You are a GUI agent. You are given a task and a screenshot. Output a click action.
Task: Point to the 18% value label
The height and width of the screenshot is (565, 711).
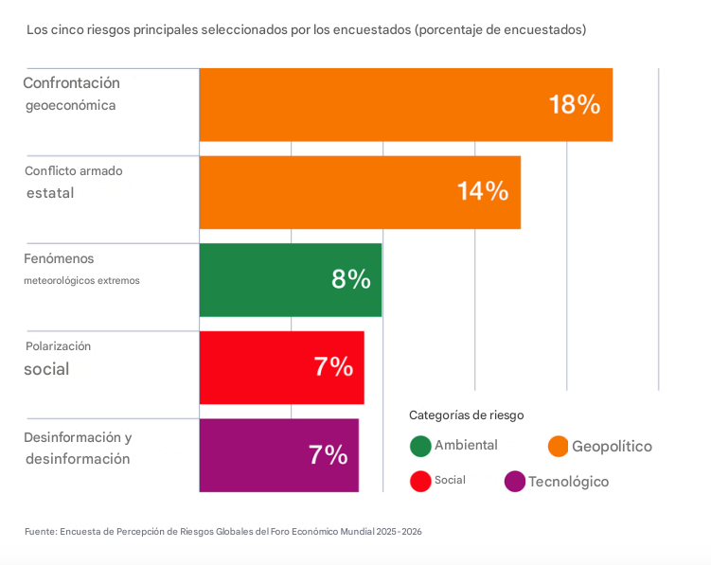(574, 105)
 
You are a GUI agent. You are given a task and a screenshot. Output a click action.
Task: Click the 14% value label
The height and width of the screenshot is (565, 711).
(483, 192)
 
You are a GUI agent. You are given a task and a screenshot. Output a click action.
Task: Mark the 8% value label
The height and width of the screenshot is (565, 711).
(350, 280)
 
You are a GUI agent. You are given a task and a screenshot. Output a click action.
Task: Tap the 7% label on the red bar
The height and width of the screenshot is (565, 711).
(332, 367)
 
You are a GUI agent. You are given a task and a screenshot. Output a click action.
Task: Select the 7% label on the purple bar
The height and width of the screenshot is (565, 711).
(328, 455)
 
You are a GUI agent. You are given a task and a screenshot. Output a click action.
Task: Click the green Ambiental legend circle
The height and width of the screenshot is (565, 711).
(421, 446)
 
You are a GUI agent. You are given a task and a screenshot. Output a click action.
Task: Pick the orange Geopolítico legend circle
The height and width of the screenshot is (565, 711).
(559, 446)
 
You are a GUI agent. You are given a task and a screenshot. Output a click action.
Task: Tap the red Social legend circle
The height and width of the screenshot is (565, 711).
(421, 481)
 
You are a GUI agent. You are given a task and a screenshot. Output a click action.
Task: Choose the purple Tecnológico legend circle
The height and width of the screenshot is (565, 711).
(515, 482)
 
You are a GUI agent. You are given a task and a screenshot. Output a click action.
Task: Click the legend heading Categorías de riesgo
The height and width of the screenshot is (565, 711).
(466, 415)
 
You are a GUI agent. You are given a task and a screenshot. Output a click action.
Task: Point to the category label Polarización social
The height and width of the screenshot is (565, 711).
(58, 358)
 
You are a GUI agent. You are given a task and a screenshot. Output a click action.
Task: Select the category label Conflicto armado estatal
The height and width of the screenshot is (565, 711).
(73, 182)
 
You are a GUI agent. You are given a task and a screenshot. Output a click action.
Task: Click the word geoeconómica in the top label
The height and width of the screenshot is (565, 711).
(70, 106)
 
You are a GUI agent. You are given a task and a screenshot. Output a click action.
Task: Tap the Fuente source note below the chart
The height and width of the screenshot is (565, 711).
(222, 532)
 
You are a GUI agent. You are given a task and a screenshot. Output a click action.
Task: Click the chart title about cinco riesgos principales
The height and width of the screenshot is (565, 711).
(306, 30)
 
